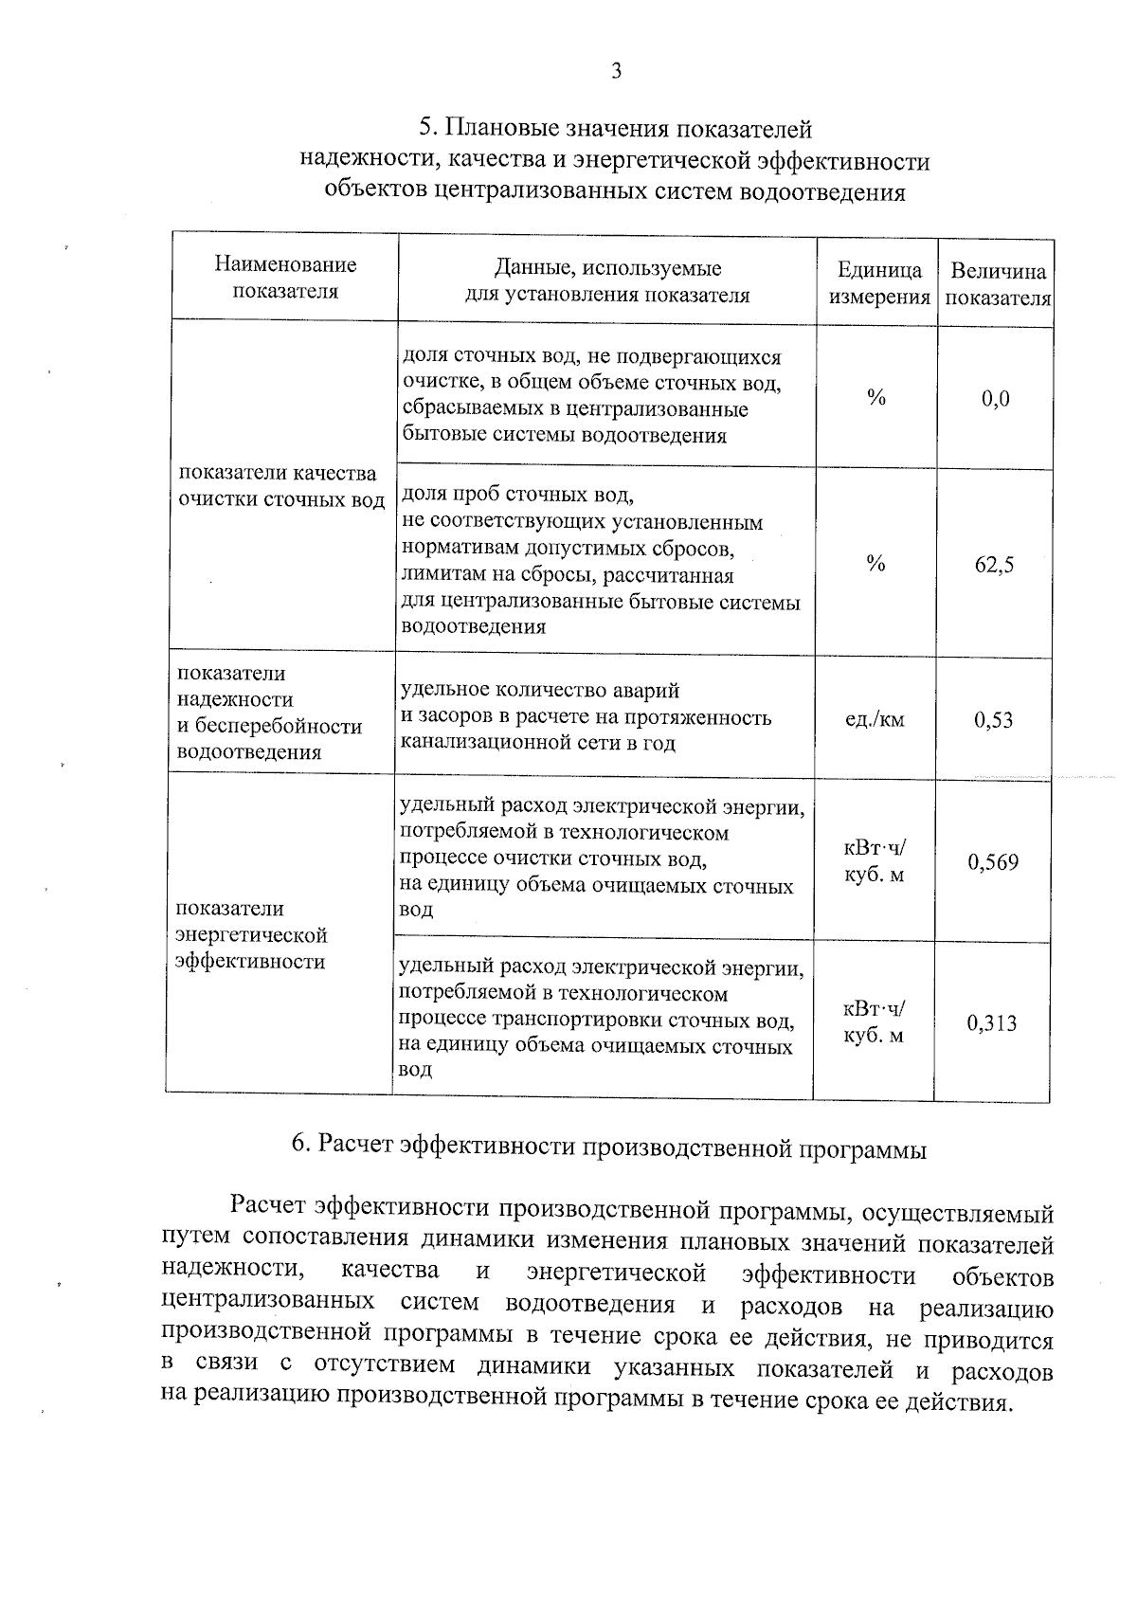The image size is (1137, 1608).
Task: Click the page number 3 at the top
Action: tap(616, 71)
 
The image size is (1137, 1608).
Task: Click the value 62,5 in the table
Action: tap(994, 566)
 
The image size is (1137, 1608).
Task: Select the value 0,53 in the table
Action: tap(993, 720)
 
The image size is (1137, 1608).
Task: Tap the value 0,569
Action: tap(993, 862)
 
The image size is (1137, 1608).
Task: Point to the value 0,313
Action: tap(992, 1023)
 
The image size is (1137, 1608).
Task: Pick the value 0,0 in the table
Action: tap(996, 399)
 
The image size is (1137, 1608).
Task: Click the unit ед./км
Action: tap(875, 720)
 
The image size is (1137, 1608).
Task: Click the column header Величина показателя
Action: tap(999, 284)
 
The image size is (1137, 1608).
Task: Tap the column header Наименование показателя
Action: tap(285, 278)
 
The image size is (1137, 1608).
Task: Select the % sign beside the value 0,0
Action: tap(876, 399)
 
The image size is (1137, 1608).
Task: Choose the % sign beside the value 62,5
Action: tap(876, 565)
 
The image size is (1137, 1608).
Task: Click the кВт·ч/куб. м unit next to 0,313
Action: tap(874, 1022)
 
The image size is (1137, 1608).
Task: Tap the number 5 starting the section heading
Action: tap(426, 128)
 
